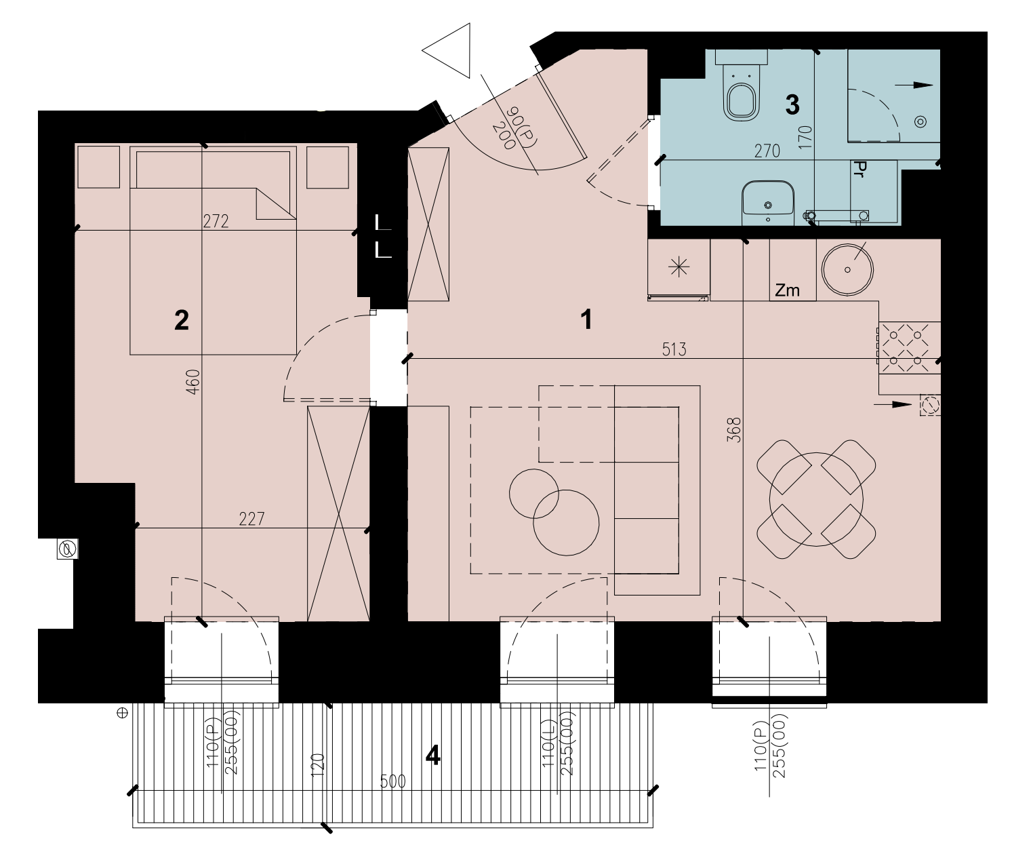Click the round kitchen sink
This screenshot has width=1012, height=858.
(847, 269)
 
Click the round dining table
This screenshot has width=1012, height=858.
(816, 499)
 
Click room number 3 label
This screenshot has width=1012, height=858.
(792, 104)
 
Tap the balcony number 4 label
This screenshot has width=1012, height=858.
(433, 756)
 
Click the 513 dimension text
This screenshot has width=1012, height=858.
(674, 349)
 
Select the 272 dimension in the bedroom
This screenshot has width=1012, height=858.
(216, 222)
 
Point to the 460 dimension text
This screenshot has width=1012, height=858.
(193, 382)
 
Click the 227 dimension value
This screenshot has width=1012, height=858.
(251, 519)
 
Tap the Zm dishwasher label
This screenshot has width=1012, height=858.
(787, 290)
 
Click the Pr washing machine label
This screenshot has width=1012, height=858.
(858, 169)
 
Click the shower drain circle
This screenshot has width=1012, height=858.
(920, 121)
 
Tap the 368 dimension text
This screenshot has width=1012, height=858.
(734, 430)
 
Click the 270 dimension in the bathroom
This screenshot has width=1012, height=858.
(767, 151)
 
